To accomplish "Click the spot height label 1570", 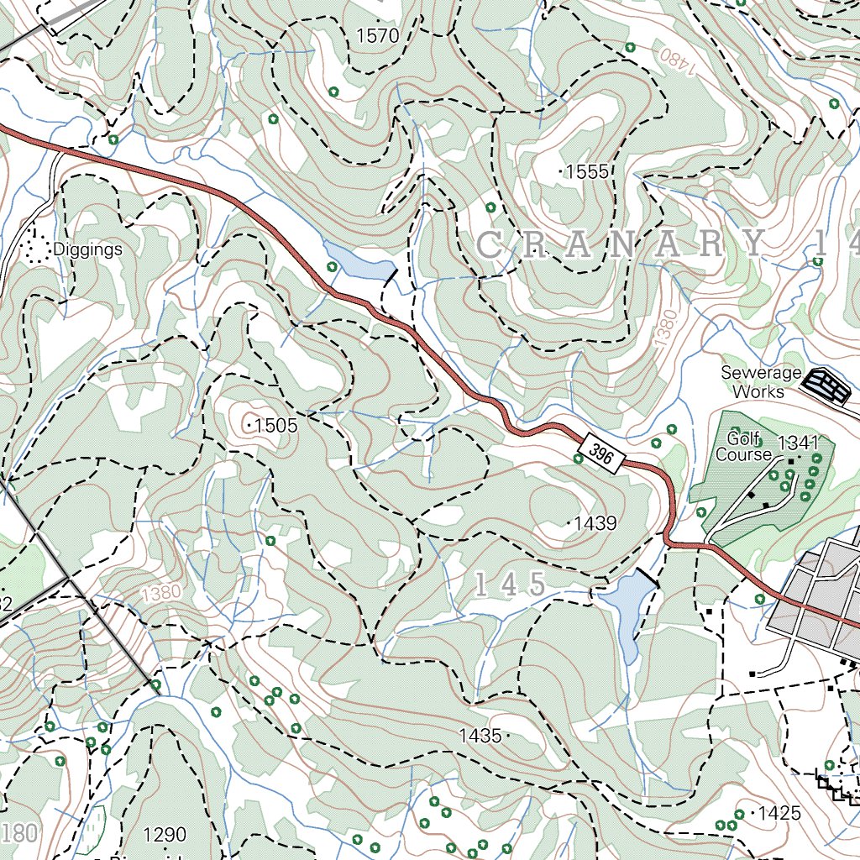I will coord(377,35).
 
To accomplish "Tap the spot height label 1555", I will coord(586,172).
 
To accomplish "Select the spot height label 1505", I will coord(275,426).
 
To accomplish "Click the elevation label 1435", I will coord(480,736).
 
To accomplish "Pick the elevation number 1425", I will coord(779,813).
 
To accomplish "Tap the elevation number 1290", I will coord(165,835).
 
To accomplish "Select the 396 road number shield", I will coord(600,454).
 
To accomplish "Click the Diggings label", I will coord(87,249).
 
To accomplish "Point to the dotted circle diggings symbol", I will coord(34,249).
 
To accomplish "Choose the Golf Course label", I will coord(742,446).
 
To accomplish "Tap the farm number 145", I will coord(510,585).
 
